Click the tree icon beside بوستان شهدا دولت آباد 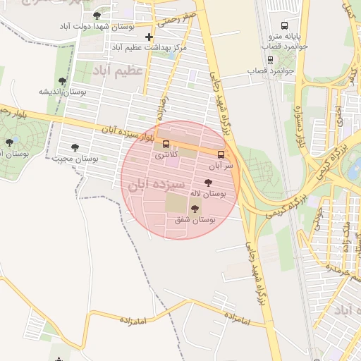point(97,15)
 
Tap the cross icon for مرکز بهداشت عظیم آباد point(149,37)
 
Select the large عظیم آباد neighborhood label point(118,71)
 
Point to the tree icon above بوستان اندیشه point(62,82)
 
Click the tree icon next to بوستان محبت point(75,147)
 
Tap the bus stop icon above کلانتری point(166,144)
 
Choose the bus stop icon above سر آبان point(221,154)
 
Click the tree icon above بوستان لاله point(207,182)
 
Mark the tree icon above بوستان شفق point(195,209)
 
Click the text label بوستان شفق point(195,221)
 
